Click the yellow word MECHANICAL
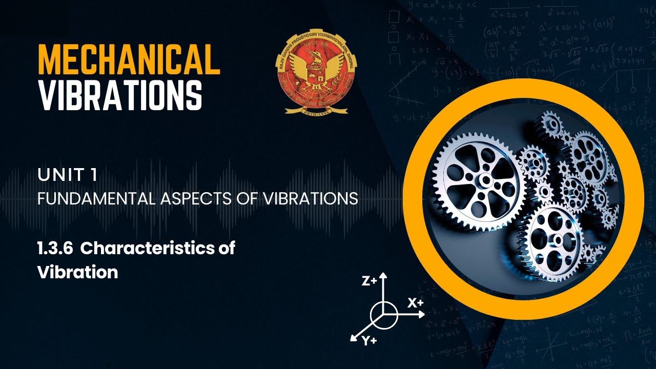129,59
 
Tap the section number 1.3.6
55,249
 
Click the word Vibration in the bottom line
77,272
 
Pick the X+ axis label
416,302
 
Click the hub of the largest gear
484,179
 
